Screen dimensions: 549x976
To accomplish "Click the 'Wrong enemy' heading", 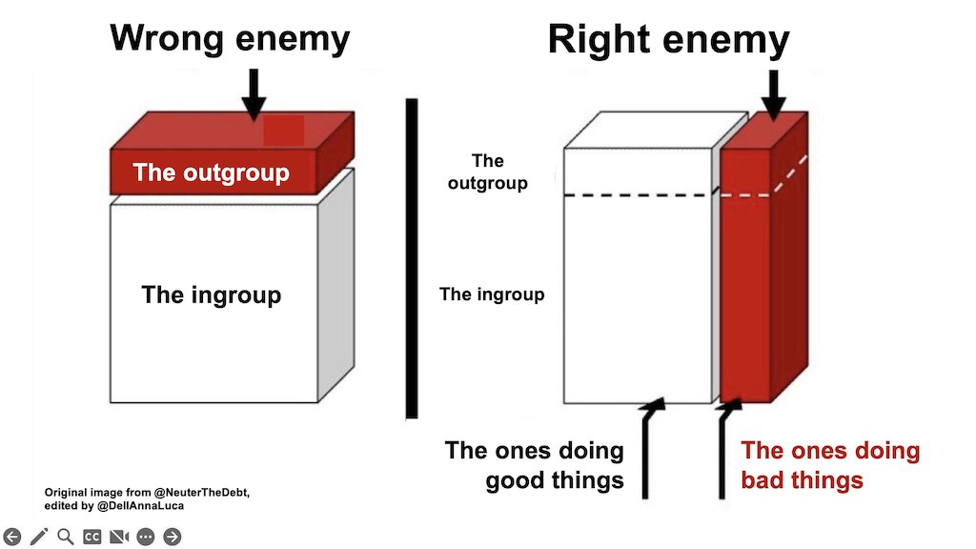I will pyautogui.click(x=230, y=40).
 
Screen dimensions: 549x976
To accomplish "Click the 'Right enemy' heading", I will pyautogui.click(x=668, y=41).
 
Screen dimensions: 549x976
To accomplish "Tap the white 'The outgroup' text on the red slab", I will pyautogui.click(x=211, y=173).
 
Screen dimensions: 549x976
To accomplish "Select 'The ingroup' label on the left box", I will pyautogui.click(x=211, y=295).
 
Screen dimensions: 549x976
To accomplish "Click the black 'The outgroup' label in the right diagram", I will pyautogui.click(x=487, y=172).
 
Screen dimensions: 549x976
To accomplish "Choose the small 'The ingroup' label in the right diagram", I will pyautogui.click(x=491, y=295).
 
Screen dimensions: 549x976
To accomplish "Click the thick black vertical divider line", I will pyautogui.click(x=412, y=258).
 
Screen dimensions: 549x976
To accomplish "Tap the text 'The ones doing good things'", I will pyautogui.click(x=535, y=464).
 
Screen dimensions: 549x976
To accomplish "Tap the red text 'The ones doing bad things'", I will pyautogui.click(x=830, y=464).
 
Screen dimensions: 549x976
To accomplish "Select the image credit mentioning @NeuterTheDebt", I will pyautogui.click(x=147, y=498).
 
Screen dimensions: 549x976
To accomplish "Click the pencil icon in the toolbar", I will pyautogui.click(x=39, y=537).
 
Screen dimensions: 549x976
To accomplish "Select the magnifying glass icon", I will pyautogui.click(x=66, y=537).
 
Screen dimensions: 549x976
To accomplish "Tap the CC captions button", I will pyautogui.click(x=92, y=537).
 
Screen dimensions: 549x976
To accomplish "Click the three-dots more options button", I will pyautogui.click(x=146, y=537).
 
